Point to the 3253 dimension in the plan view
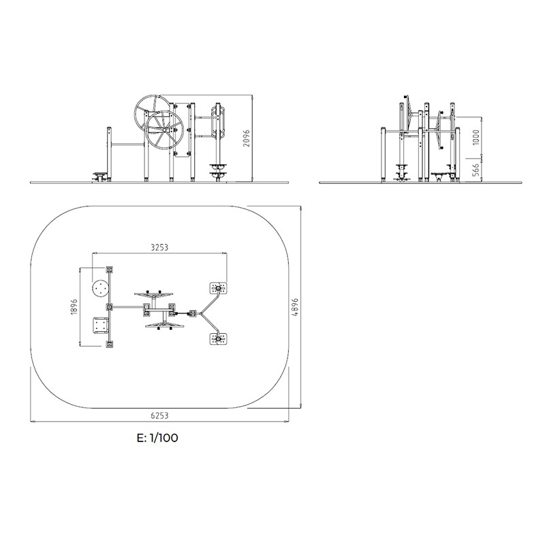[159, 248]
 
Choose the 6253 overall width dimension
[159, 415]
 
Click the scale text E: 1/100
[157, 438]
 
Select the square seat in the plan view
[101, 326]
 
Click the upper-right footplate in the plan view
[218, 288]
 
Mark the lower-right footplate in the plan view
[218, 339]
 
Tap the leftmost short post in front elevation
[109, 153]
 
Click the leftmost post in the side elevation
[383, 153]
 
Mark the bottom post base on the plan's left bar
[109, 345]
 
